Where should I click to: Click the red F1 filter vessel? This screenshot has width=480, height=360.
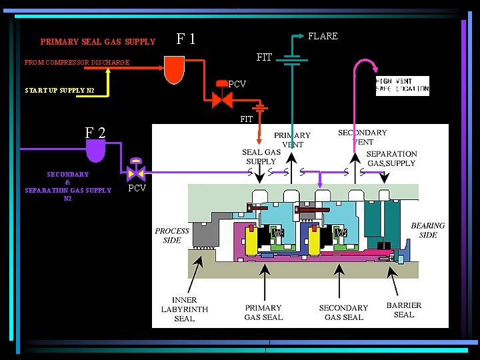174,69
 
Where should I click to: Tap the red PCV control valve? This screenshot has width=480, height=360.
221,99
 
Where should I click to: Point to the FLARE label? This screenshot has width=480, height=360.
323,36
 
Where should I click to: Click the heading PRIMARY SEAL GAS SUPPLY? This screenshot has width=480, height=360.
97,42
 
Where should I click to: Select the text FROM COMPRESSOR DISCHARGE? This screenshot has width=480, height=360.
77,63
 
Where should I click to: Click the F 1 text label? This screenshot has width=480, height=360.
185,39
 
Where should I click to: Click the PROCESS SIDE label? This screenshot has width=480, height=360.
172,235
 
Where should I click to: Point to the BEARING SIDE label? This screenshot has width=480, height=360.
427,230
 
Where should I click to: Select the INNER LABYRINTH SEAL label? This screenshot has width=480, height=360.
184,309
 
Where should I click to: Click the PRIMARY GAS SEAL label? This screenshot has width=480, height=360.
263,313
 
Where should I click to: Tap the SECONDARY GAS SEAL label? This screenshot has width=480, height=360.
343,313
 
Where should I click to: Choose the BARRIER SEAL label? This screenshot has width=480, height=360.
404,310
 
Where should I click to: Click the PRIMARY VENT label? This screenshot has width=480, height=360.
293,140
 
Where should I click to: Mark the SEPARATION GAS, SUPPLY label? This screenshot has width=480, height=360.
391,159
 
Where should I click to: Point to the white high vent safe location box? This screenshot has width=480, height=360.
403,84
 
